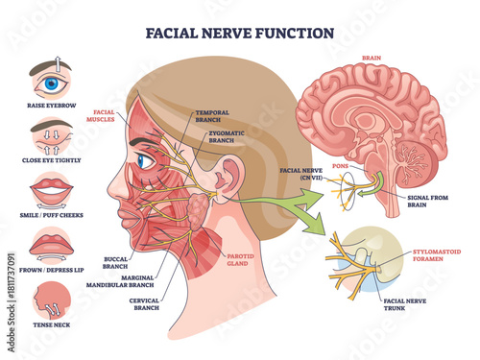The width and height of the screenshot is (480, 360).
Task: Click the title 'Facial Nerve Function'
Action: tap(239, 32)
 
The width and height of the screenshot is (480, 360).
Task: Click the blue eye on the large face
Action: tap(143, 160)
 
